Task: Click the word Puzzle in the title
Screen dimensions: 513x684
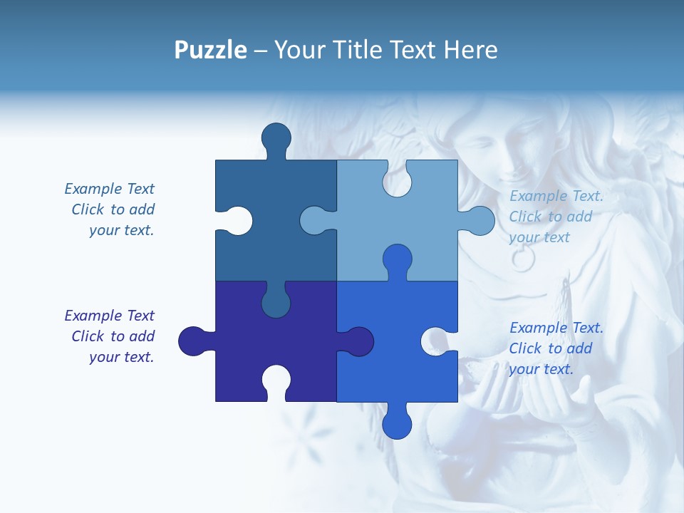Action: point(210,50)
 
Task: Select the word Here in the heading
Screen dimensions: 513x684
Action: point(470,50)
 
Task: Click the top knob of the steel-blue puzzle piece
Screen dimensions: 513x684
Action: point(276,137)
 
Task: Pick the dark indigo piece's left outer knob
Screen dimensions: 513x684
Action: point(192,341)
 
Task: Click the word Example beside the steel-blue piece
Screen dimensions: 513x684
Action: point(93,189)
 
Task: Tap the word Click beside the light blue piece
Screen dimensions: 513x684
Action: point(526,217)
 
